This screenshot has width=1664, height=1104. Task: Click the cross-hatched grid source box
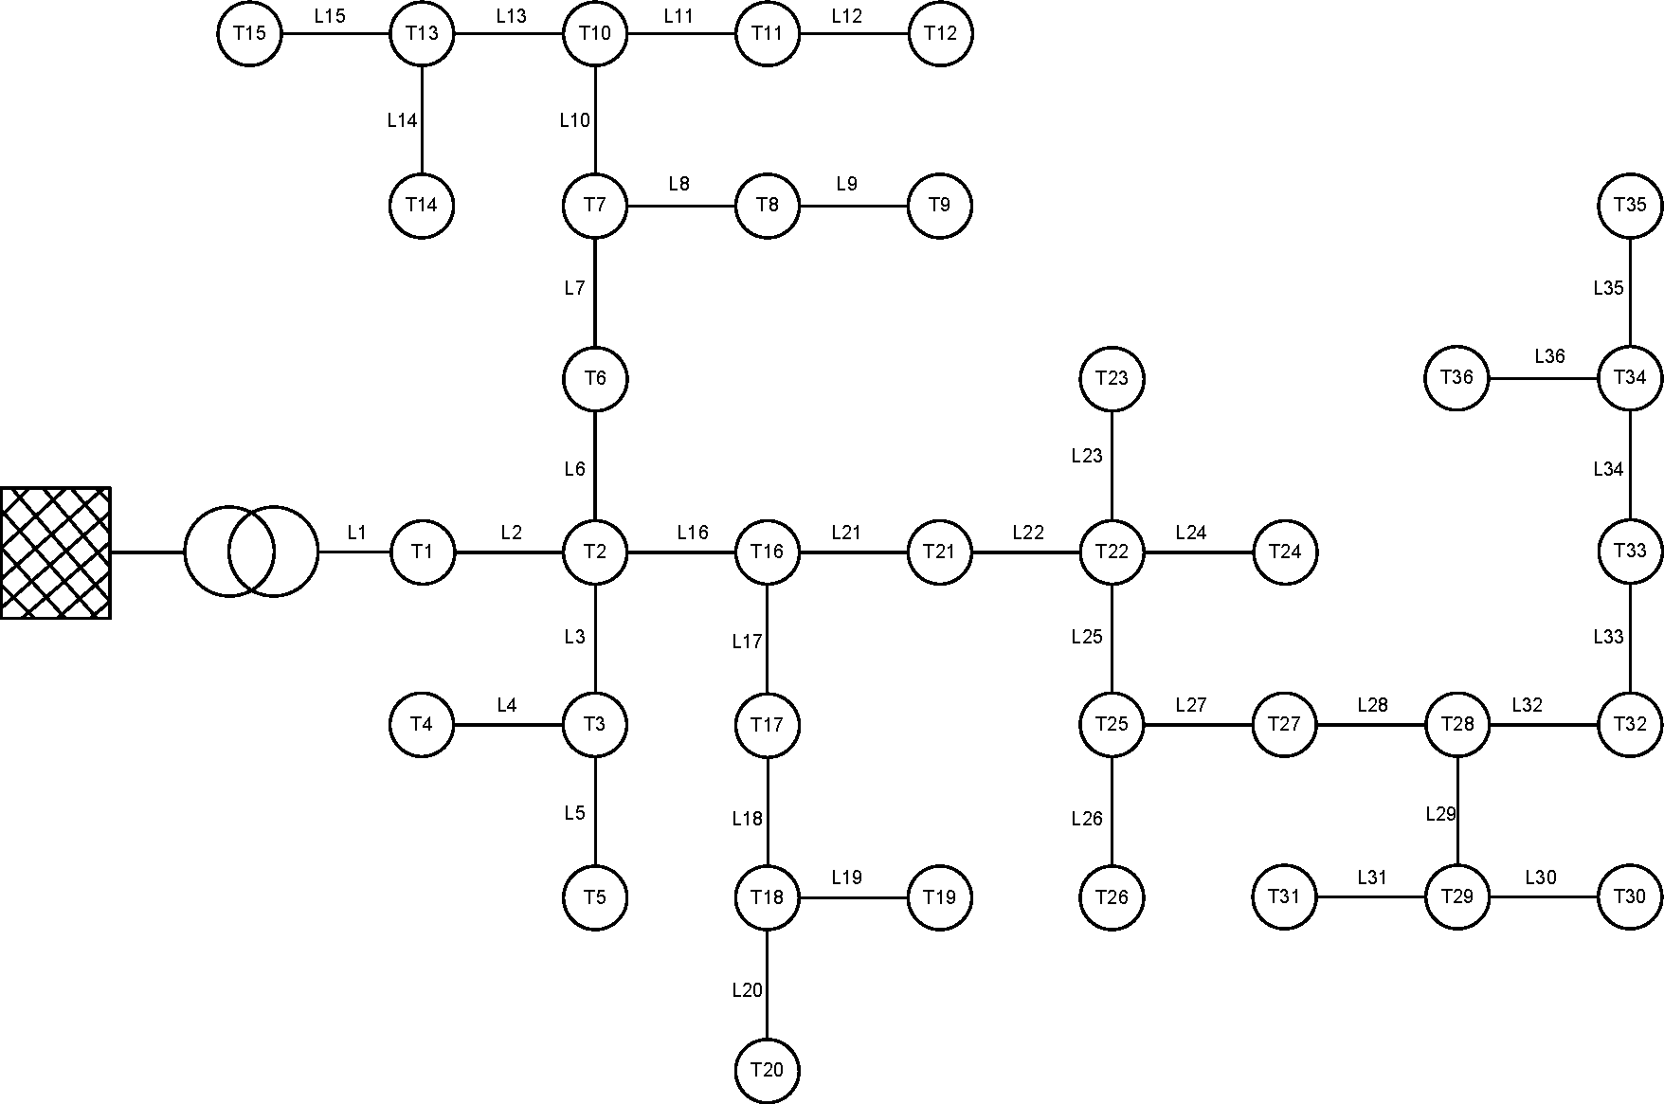coord(55,552)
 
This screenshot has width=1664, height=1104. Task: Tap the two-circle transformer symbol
coord(251,552)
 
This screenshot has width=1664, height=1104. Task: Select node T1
coord(422,552)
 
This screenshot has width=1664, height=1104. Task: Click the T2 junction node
coord(594,552)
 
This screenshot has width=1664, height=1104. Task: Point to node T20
coord(767,1070)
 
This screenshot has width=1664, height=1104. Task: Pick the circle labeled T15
coord(249,34)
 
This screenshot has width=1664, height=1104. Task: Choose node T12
coord(939,34)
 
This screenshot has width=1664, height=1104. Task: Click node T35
coord(1630,205)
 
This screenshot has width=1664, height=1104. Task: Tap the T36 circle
coord(1456,378)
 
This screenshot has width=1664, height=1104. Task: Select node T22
coord(1112,552)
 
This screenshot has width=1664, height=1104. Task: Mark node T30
coord(1630,896)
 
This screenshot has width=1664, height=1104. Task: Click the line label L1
coord(356,533)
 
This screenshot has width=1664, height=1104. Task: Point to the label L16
coord(693,533)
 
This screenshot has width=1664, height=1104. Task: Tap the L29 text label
coord(1440,814)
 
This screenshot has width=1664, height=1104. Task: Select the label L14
coord(402,120)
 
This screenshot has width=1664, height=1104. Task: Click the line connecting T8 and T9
coord(853,206)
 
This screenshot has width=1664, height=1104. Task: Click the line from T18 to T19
coord(853,897)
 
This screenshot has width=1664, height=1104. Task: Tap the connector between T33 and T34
coord(1630,464)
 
